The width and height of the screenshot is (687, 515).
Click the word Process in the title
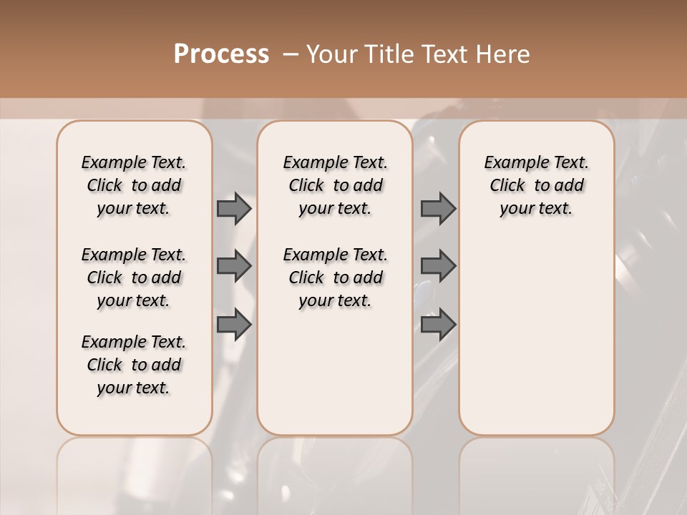[221, 54]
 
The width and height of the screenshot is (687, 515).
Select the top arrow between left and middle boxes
[234, 208]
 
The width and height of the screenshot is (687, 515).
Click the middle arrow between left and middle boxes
[234, 266]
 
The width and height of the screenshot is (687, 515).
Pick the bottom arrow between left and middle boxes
[234, 324]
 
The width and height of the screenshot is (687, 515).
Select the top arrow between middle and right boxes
[438, 208]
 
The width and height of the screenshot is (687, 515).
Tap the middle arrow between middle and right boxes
[438, 266]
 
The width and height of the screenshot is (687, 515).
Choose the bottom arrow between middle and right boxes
[438, 324]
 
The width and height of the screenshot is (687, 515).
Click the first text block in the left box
[134, 185]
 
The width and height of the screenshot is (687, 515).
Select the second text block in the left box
[134, 278]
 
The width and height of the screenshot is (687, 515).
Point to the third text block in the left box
[134, 365]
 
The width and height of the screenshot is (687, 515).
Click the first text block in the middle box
[335, 185]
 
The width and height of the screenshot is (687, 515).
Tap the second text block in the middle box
[335, 278]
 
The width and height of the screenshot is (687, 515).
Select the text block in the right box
[536, 185]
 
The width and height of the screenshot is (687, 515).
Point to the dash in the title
[291, 54]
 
